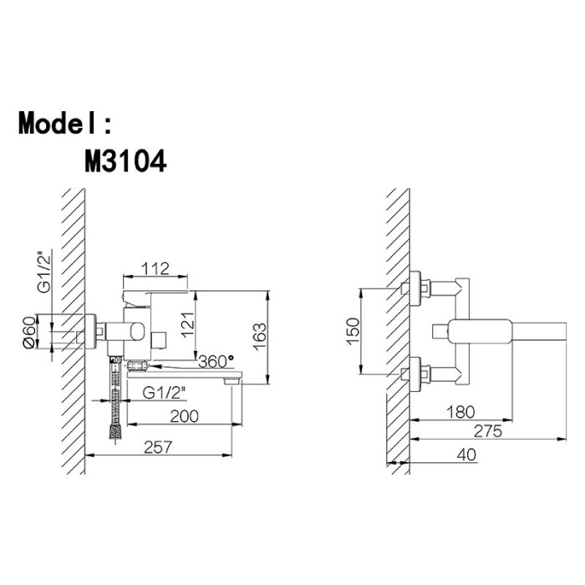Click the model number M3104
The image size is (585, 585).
point(125,161)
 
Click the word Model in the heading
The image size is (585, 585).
point(59,123)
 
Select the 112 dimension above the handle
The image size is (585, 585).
point(155,268)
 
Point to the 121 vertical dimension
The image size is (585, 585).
point(188,324)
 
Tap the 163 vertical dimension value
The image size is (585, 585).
point(260,336)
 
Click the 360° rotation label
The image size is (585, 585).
point(216,361)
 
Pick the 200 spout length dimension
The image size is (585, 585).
point(185,416)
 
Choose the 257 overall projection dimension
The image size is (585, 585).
point(158,447)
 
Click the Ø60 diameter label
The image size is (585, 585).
point(30,332)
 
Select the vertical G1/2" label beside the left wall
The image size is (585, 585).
point(44,272)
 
